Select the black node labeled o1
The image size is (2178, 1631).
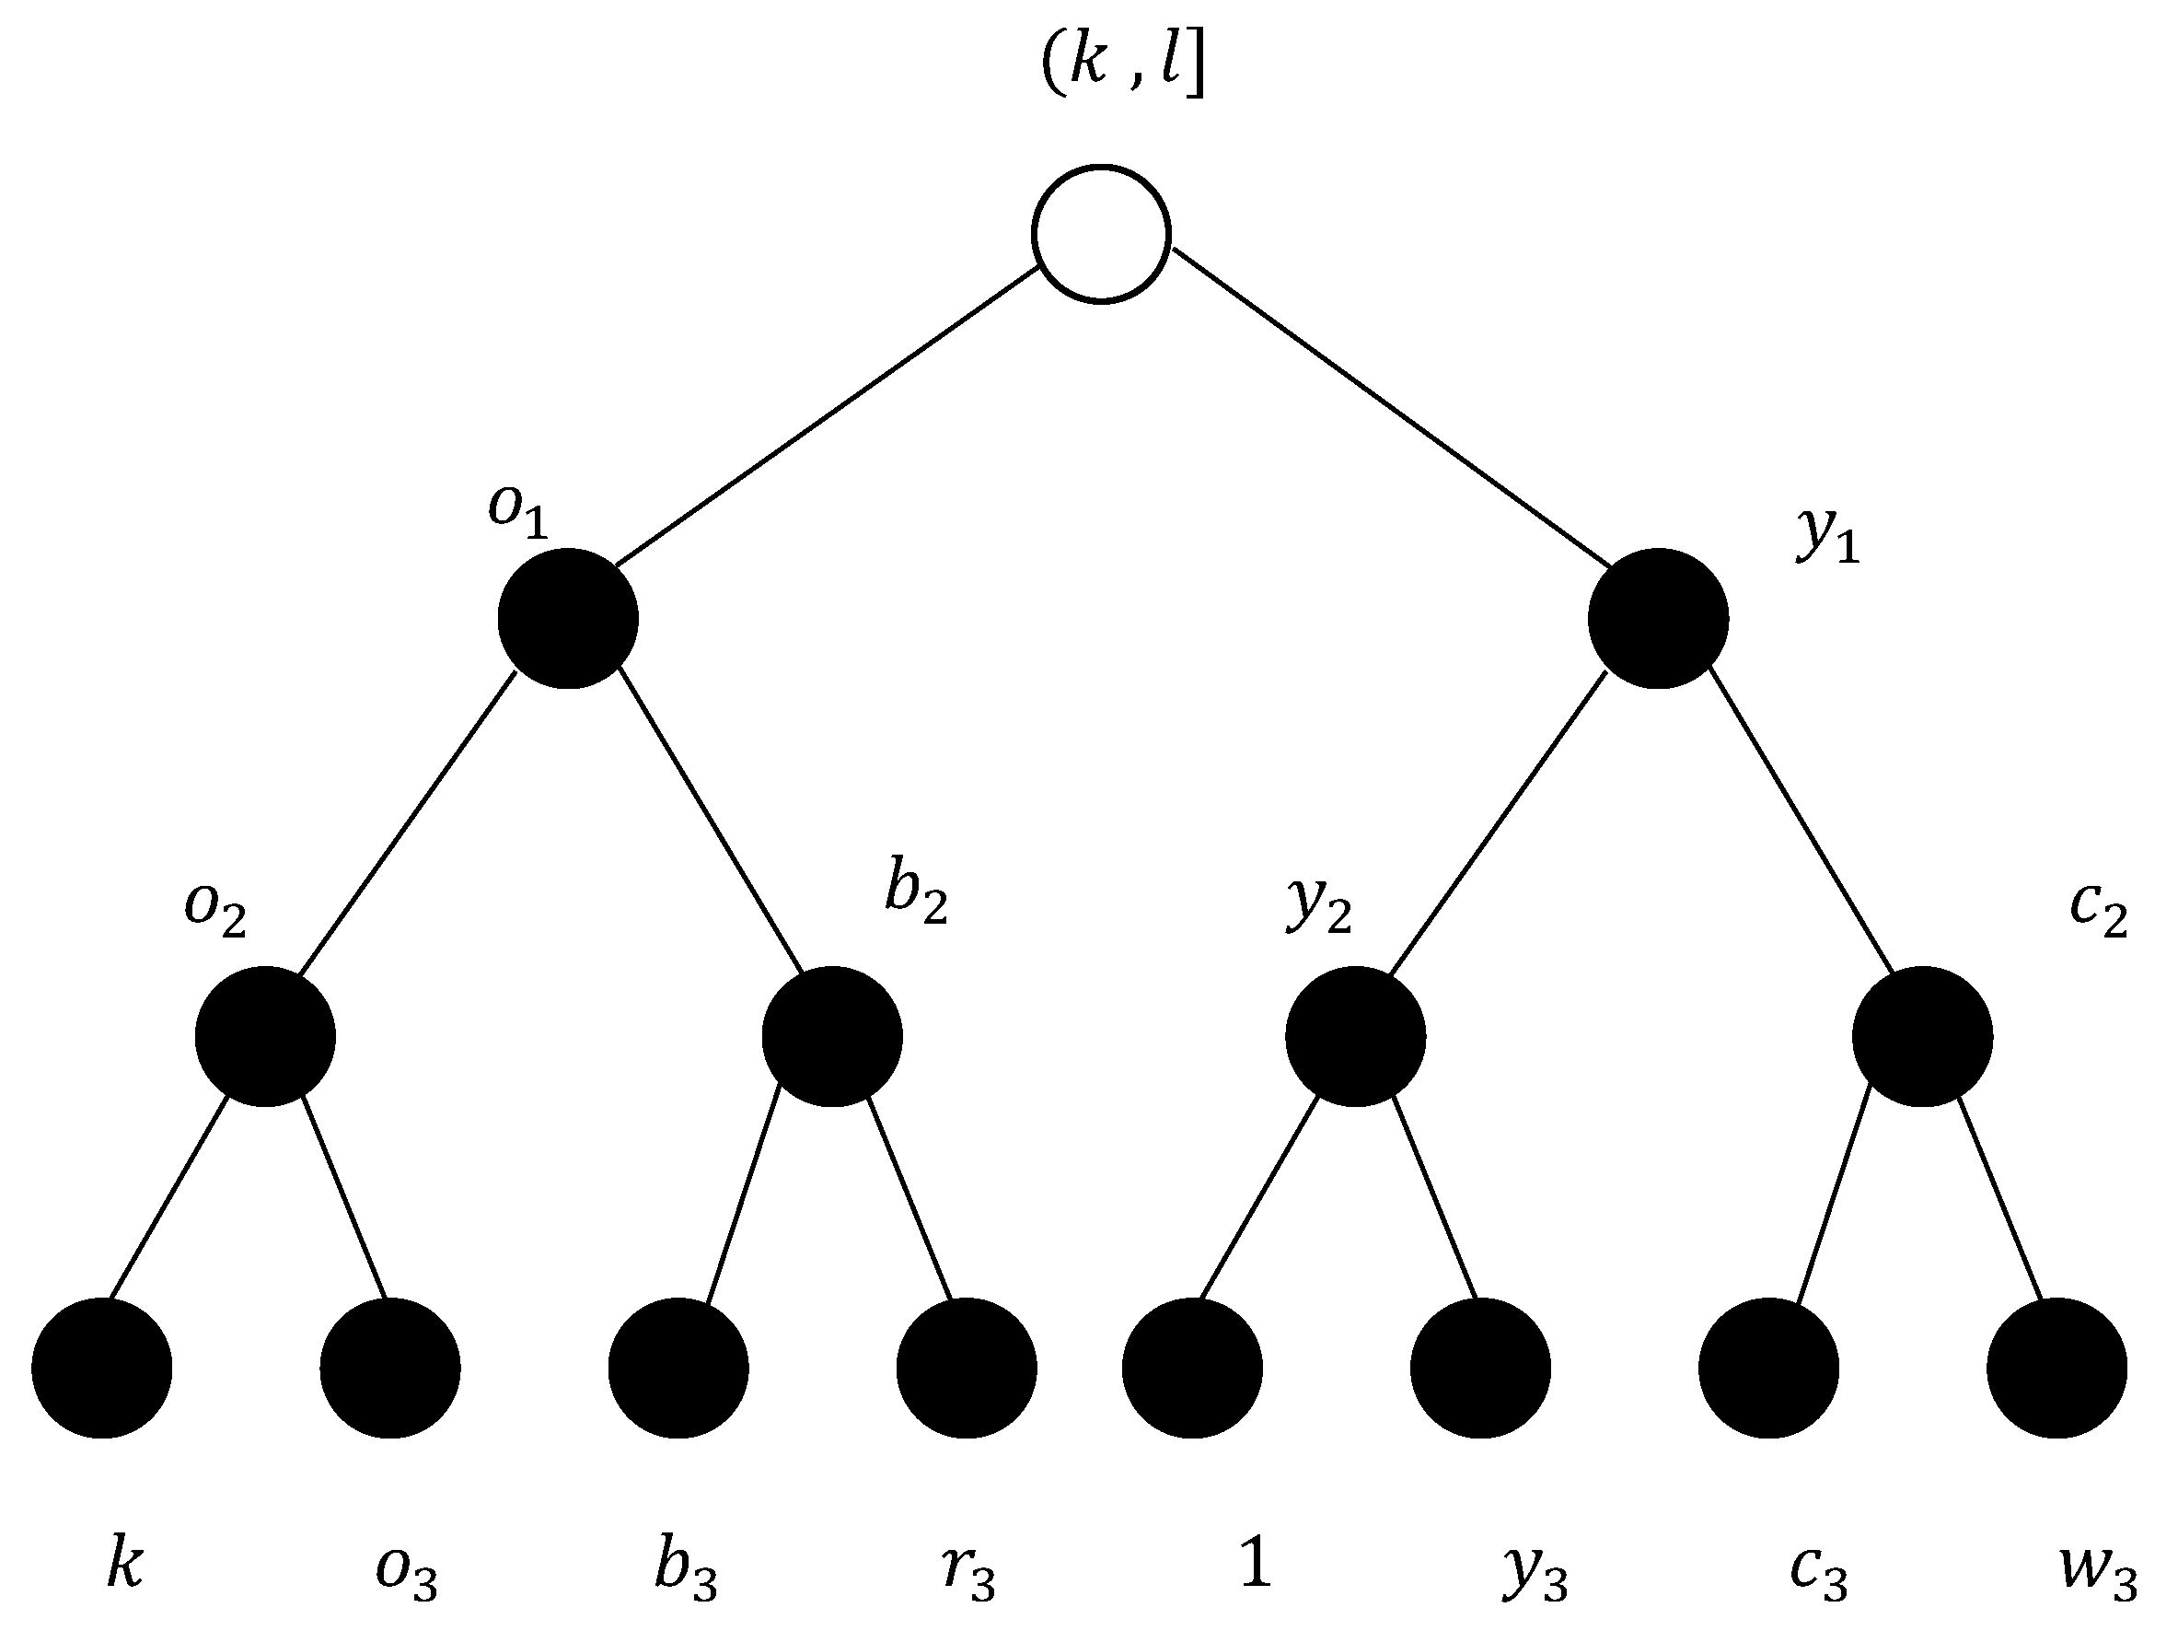568,618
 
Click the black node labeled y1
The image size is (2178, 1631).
1658,618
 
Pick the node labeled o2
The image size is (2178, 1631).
265,1036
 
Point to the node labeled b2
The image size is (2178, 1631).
832,1036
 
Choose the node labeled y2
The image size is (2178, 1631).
1355,1036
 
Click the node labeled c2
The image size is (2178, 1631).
1922,1036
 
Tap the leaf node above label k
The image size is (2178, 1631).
101,1368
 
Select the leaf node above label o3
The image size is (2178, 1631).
390,1368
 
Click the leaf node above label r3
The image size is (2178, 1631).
966,1368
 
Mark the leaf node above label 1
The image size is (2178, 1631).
1192,1368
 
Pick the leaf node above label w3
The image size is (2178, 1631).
2056,1368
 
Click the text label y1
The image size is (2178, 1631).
1827,537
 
